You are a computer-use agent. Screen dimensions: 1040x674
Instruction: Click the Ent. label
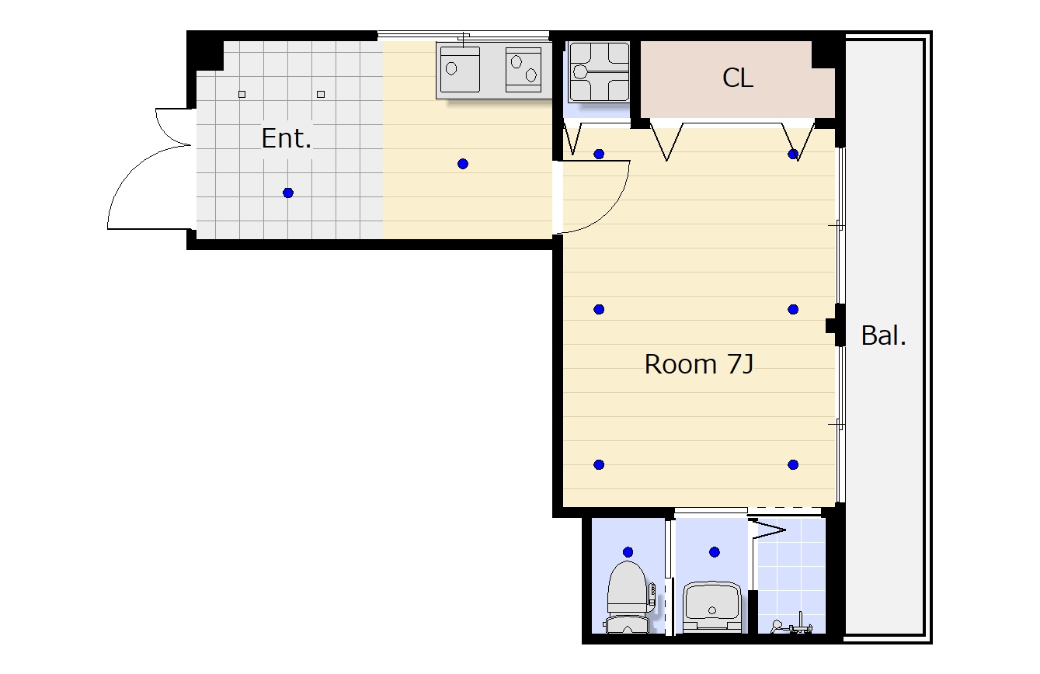[x=286, y=138]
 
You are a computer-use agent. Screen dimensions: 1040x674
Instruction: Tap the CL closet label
[x=737, y=78]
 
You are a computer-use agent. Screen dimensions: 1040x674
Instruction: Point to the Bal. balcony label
[x=884, y=335]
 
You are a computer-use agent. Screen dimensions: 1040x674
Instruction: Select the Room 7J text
[x=699, y=364]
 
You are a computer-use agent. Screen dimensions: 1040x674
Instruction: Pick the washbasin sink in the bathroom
[x=711, y=606]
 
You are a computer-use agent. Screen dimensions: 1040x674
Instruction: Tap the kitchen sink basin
[x=460, y=70]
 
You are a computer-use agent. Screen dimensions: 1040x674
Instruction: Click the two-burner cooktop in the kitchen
[x=523, y=70]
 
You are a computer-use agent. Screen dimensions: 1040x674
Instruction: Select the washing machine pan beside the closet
[x=599, y=72]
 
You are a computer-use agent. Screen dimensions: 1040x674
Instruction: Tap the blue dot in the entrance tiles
[x=288, y=193]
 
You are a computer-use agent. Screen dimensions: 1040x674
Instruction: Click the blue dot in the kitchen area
[x=462, y=164]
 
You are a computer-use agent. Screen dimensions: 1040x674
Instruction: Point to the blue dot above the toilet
[x=628, y=552]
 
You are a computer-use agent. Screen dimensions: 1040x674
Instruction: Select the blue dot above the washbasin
[x=715, y=552]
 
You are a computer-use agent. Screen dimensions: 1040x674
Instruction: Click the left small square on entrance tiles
[x=242, y=94]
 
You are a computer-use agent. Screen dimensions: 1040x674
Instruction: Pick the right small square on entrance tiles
[x=320, y=94]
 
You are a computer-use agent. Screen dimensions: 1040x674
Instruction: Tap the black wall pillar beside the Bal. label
[x=836, y=325]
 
